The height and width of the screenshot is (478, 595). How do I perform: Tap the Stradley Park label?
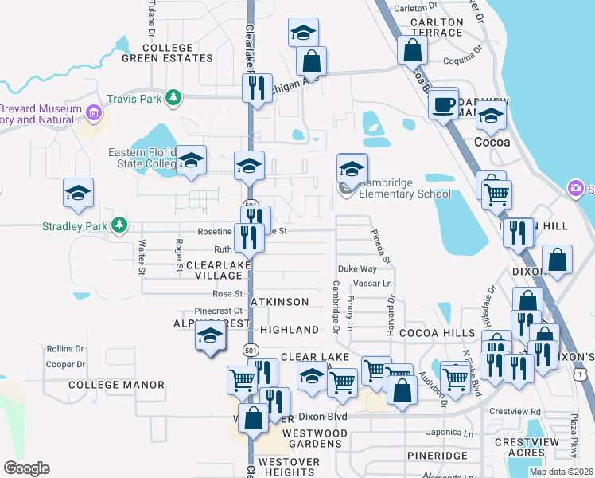(76, 226)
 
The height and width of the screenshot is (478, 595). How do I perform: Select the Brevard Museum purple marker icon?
(95, 113)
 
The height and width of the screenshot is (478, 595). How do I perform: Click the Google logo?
(26, 468)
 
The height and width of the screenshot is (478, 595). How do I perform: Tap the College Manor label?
(116, 385)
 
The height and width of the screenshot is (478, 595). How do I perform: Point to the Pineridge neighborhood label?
(437, 455)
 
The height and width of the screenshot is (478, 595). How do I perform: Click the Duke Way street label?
(357, 269)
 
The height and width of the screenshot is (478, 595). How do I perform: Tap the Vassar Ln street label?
(377, 284)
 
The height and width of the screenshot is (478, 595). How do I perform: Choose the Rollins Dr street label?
(65, 349)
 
